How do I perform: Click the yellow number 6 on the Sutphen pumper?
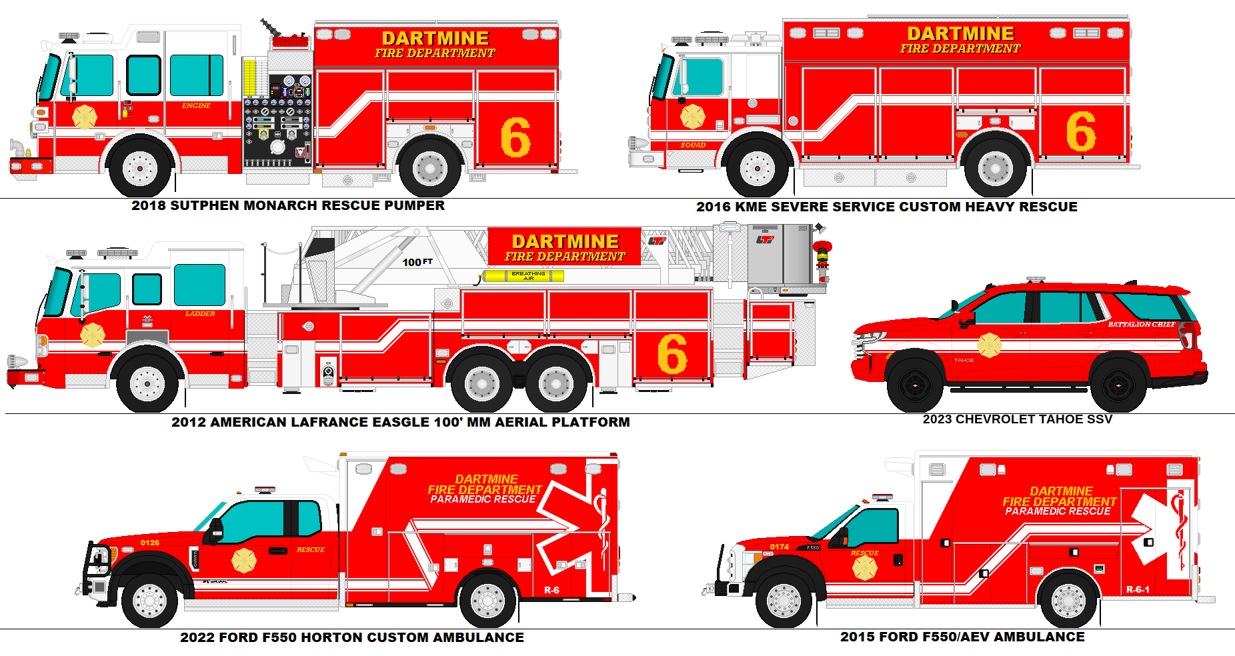click(x=515, y=137)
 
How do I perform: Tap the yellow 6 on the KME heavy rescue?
click(x=1080, y=131)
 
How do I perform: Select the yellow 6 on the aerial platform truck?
click(x=672, y=354)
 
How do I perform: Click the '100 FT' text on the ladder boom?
click(x=417, y=262)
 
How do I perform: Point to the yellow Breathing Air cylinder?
click(x=523, y=275)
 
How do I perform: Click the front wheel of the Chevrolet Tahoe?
click(x=916, y=386)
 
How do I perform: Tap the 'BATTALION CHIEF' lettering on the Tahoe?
click(x=1142, y=324)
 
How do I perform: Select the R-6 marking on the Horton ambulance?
click(x=551, y=590)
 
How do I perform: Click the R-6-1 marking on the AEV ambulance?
click(x=1138, y=589)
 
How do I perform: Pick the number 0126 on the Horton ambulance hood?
click(x=150, y=543)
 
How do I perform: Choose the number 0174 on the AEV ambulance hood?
click(x=780, y=547)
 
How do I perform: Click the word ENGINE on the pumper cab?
click(x=196, y=106)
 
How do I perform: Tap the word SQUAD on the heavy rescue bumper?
click(x=693, y=145)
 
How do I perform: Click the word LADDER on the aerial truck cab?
click(x=200, y=313)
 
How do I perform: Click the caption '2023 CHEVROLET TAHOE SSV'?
click(x=1017, y=419)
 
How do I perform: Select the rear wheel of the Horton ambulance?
click(x=487, y=601)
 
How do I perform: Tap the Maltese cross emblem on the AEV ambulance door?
click(x=865, y=568)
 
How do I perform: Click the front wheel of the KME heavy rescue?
click(x=757, y=167)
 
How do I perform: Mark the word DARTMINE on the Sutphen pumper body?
click(x=435, y=38)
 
